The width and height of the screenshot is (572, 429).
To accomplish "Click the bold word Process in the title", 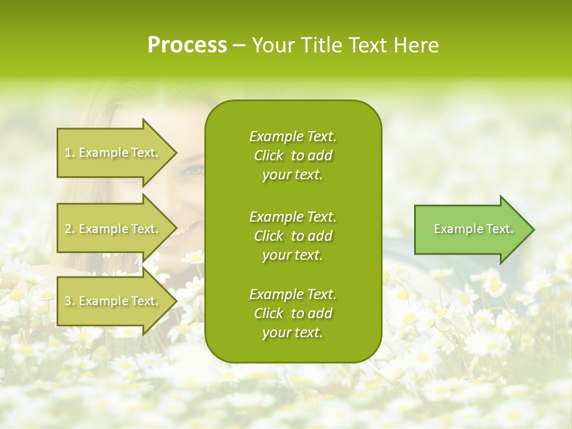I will pyautogui.click(x=187, y=45).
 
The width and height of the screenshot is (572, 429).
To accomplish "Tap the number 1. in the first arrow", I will pyautogui.click(x=70, y=153).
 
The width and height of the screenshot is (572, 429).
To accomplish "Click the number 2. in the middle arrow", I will pyautogui.click(x=70, y=229).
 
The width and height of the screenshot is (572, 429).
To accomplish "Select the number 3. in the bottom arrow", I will pyautogui.click(x=70, y=301).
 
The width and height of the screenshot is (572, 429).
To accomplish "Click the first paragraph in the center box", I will pyautogui.click(x=293, y=156).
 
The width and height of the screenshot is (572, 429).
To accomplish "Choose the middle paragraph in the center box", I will pyautogui.click(x=293, y=235).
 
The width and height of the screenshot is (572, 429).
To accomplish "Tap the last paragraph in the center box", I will pyautogui.click(x=293, y=313).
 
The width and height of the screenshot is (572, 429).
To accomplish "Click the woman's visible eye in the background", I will pyautogui.click(x=194, y=171).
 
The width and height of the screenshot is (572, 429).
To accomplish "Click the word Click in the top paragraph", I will pyautogui.click(x=269, y=156).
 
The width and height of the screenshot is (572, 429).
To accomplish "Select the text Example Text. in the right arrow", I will pyautogui.click(x=474, y=229).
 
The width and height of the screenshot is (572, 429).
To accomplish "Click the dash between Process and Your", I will pyautogui.click(x=240, y=45).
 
